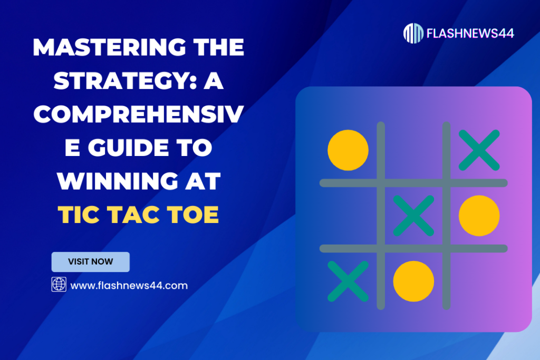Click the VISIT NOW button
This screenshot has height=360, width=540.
pyautogui.click(x=90, y=262)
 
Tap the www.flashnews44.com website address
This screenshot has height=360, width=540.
pyautogui.click(x=129, y=285)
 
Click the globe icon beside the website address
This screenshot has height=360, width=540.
pyautogui.click(x=59, y=285)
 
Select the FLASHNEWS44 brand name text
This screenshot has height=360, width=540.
pyautogui.click(x=471, y=33)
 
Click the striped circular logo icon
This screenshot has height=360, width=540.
pyautogui.click(x=413, y=33)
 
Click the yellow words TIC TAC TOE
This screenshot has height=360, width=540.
pyautogui.click(x=138, y=215)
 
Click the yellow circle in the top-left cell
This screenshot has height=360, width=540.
pyautogui.click(x=348, y=150)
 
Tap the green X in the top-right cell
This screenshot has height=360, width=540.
pyautogui.click(x=479, y=150)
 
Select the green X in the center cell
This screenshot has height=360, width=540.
pyautogui.click(x=413, y=215)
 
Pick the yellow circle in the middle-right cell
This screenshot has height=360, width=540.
pyautogui.click(x=479, y=215)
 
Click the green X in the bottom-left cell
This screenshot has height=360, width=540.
pyautogui.click(x=348, y=280)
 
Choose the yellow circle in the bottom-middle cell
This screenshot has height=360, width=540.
pyautogui.click(x=413, y=280)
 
